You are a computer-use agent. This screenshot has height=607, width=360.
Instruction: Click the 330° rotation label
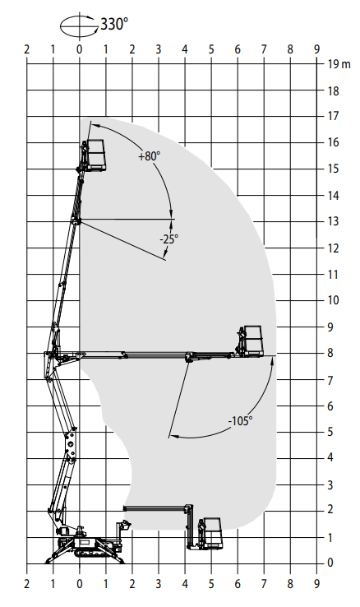[x=114, y=24]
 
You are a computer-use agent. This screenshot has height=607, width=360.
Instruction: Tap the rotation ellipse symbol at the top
[x=79, y=25]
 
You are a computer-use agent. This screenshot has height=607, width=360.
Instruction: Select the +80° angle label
[x=150, y=156]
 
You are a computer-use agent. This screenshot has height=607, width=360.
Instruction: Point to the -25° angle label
[x=169, y=239]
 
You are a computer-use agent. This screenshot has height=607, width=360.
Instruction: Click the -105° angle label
[x=240, y=421]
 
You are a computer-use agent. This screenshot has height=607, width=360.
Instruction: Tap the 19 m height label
[x=339, y=64]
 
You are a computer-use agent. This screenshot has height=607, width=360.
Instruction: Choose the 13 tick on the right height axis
[x=333, y=221]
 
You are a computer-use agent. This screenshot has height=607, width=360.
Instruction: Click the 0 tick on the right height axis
[x=330, y=563]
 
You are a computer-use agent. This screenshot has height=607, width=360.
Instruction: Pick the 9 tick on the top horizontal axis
[x=316, y=49]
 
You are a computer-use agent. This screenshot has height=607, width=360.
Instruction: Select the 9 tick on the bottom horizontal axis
[x=316, y=584]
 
